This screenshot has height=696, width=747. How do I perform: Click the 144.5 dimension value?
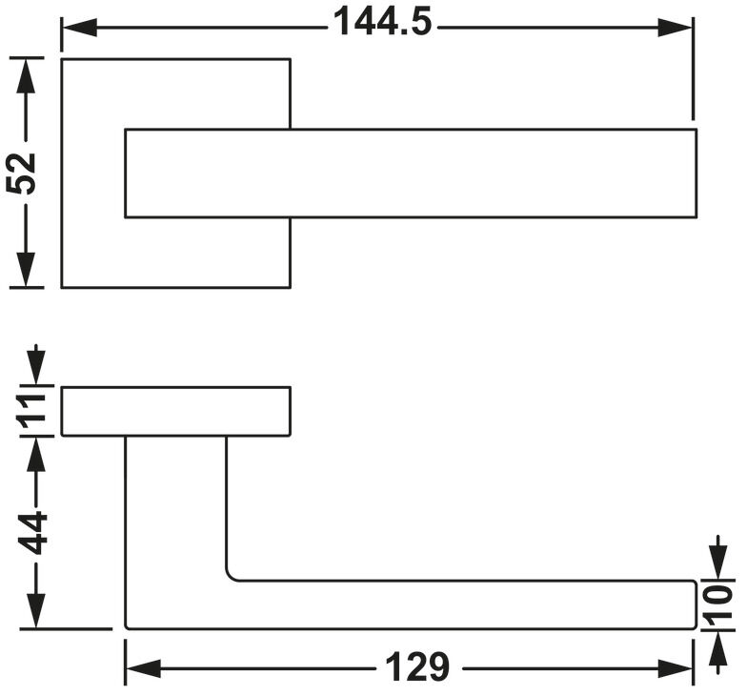tap(382, 23)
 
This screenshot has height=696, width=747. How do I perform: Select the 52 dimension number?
tap(21, 174)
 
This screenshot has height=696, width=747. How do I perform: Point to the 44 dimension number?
tap(32, 534)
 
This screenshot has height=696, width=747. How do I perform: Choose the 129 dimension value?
tap(417, 667)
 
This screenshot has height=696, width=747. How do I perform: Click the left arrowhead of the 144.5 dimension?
tap(80, 28)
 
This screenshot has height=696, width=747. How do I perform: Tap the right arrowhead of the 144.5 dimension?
tap(675, 28)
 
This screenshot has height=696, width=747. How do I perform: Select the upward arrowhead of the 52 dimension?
tap(27, 76)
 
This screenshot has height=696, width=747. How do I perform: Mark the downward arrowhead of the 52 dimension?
tap(27, 269)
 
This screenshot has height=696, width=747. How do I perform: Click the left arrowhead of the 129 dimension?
tap(143, 669)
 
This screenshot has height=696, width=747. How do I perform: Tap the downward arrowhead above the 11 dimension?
tap(36, 368)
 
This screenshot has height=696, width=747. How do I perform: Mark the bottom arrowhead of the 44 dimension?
tap(36, 610)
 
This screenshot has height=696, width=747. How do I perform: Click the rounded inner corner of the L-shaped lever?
tap(231, 577)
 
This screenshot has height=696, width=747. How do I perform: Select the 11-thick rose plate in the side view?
tap(175, 412)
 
